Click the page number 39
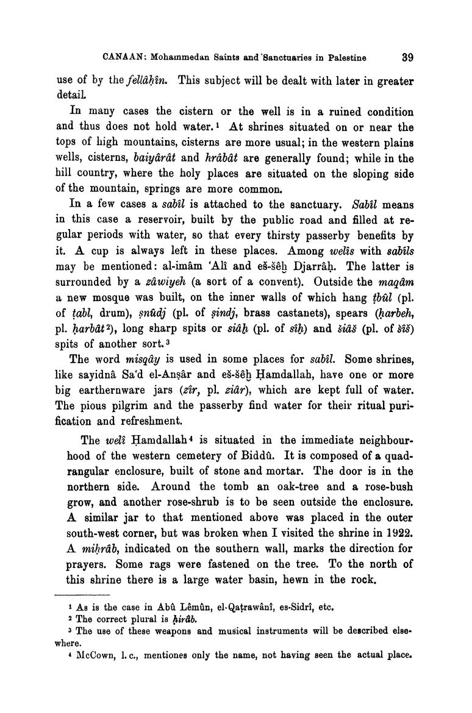[x=408, y=58]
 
